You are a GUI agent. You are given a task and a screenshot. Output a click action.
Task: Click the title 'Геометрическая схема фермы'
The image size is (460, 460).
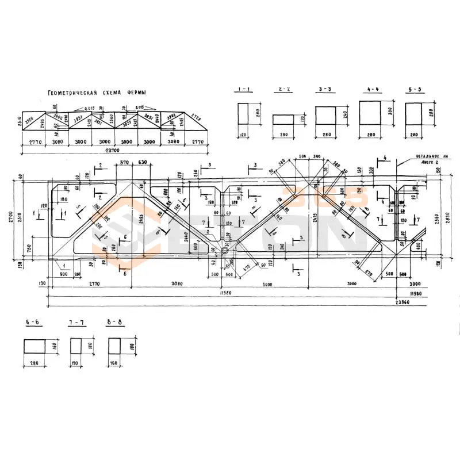click(97, 93)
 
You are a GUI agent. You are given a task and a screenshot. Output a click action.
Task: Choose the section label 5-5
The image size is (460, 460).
click(414, 90)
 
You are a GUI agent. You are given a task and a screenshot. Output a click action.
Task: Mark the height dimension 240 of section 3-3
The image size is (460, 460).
click(345, 114)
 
